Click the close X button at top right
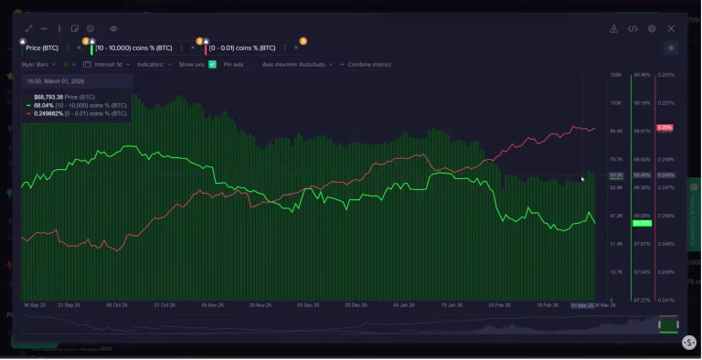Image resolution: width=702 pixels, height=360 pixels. click(x=672, y=29)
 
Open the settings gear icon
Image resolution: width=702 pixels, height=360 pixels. click(x=652, y=29)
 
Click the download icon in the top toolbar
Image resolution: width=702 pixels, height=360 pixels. click(x=614, y=29)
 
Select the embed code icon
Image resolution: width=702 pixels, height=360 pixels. click(x=633, y=29)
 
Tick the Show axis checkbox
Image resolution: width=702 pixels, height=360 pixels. click(x=212, y=65)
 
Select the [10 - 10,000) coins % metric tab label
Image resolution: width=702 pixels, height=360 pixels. click(x=134, y=48)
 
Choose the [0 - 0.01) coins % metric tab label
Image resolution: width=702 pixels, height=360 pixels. click(x=242, y=48)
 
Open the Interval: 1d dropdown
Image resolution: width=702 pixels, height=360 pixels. click(x=109, y=65)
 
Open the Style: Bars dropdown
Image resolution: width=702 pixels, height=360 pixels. click(x=40, y=65)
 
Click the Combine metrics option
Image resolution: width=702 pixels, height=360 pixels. click(x=368, y=65)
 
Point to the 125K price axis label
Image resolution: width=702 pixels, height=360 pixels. click(x=615, y=75)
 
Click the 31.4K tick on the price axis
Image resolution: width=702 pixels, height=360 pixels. click(x=615, y=244)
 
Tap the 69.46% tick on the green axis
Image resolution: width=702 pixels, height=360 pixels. click(x=641, y=75)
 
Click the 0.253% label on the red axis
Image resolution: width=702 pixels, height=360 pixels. click(x=665, y=75)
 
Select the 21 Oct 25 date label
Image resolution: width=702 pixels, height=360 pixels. click(x=165, y=305)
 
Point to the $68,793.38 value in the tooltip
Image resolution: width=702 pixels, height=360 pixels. click(x=48, y=97)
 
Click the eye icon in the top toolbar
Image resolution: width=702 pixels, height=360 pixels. click(x=113, y=29)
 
